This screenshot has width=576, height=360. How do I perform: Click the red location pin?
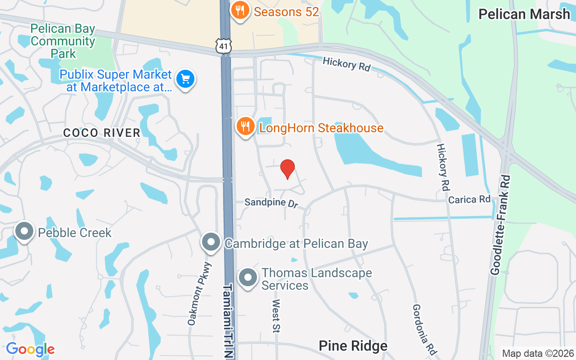point(288,169)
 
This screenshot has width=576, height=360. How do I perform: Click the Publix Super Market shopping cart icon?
point(185,80)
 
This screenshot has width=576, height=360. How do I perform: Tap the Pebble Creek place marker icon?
point(24,231)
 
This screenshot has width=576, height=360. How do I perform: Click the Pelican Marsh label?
point(524,14)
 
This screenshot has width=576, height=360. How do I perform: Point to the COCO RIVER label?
point(102,133)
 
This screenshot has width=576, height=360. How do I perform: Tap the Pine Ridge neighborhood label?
point(353,346)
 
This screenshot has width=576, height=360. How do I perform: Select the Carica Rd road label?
point(469,199)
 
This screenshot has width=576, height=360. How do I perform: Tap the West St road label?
point(276,316)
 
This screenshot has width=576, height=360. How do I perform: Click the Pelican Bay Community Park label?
point(63,41)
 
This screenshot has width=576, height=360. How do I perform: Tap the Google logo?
point(30,349)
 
